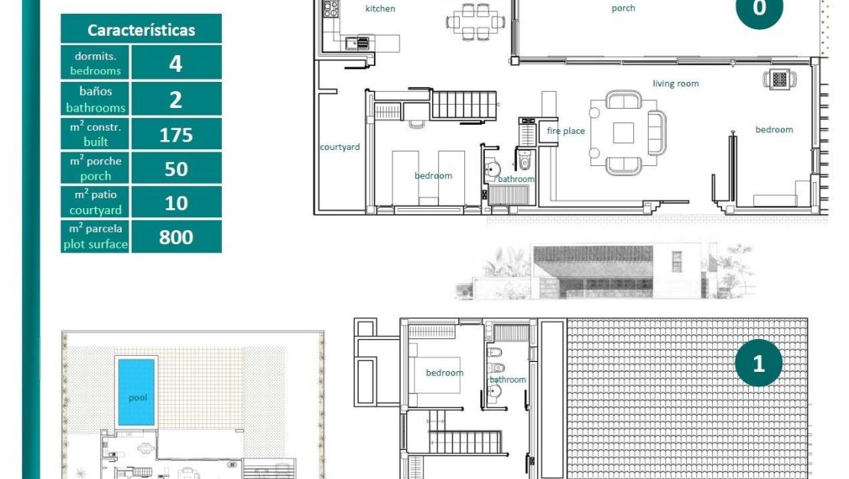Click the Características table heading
click(x=141, y=30)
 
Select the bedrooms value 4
click(x=176, y=63)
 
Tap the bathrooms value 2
click(x=176, y=99)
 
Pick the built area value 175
click(x=176, y=135)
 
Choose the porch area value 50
click(x=176, y=168)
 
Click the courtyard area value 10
click(x=176, y=203)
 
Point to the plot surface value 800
click(x=176, y=237)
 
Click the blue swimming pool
click(x=135, y=391)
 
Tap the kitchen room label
click(x=380, y=9)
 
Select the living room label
click(x=675, y=83)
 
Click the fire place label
click(x=565, y=131)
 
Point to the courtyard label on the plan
click(x=340, y=147)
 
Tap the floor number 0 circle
click(x=759, y=9)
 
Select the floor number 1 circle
click(x=759, y=363)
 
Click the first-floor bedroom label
click(x=444, y=373)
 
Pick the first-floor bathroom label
click(x=508, y=380)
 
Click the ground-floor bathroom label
click(x=516, y=179)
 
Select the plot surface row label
click(x=96, y=236)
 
